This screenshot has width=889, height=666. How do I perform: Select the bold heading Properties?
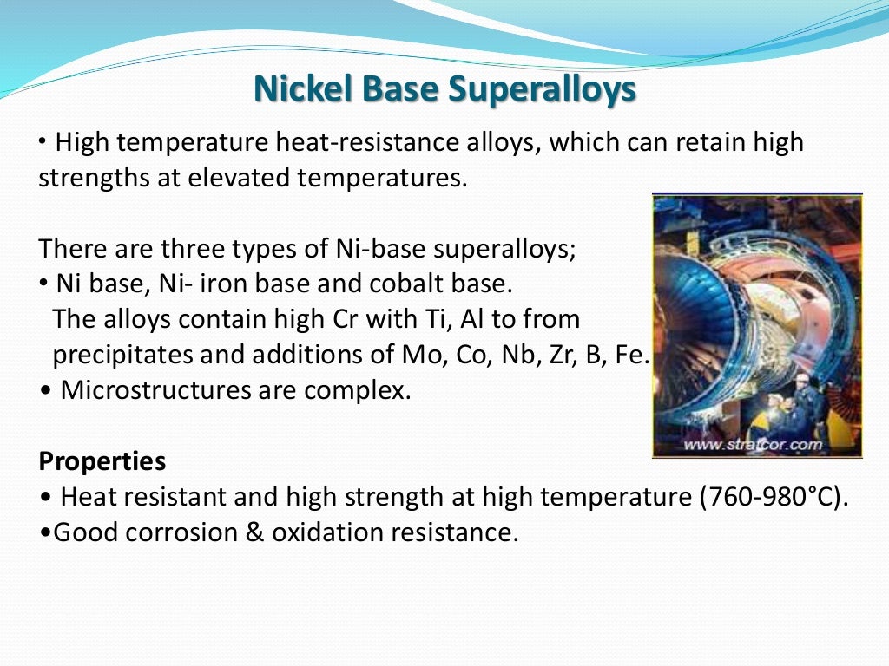[x=102, y=460]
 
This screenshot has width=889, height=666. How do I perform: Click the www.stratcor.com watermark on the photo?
[x=752, y=445]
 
